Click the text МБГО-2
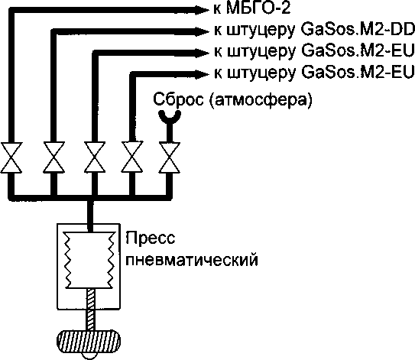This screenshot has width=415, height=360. [258, 8]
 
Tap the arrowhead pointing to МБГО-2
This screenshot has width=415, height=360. [203, 10]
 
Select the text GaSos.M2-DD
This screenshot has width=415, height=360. [358, 30]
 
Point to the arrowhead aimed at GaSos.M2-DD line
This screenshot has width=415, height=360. [203, 31]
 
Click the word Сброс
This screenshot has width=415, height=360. [178, 99]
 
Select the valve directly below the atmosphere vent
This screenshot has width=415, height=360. [170, 157]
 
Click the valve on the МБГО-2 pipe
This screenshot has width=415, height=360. [11, 157]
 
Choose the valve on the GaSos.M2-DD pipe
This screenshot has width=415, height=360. [54, 157]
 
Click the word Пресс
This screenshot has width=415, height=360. [151, 238]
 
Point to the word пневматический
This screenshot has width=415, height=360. [192, 260]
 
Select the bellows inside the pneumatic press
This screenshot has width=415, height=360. [90, 260]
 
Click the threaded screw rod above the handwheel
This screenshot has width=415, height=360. [90, 310]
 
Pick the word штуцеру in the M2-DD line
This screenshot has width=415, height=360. [261, 31]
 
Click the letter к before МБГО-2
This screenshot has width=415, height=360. [218, 9]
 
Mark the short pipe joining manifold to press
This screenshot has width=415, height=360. [90, 215]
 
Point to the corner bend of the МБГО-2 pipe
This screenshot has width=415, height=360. [11, 11]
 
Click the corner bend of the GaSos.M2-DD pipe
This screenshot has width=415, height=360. [54, 31]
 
